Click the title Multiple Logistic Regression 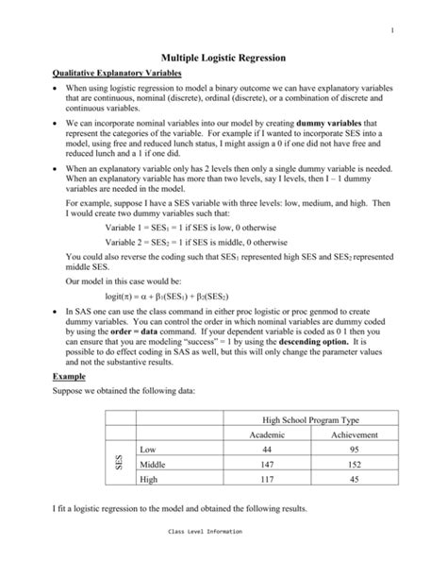(x=223, y=57)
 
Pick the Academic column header (x=266, y=434)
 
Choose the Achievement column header (x=355, y=434)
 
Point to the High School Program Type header (x=310, y=417)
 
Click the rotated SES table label (x=119, y=465)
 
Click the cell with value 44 (x=266, y=450)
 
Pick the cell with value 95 (x=355, y=450)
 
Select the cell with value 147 (x=266, y=465)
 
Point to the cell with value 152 (x=355, y=465)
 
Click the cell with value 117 (x=266, y=480)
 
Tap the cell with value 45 (x=355, y=480)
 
